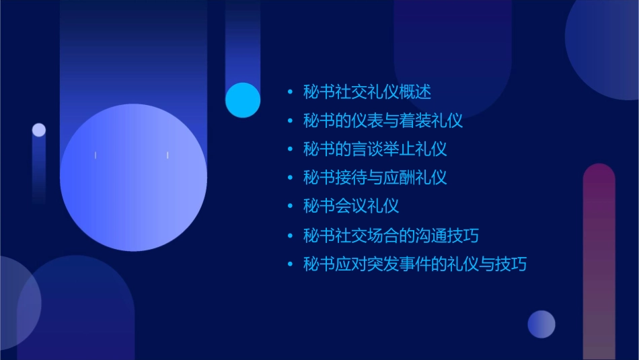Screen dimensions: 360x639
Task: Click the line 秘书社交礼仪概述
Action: (367, 92)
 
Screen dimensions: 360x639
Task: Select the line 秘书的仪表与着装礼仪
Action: (383, 121)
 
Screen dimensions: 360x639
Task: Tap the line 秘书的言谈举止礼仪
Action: (375, 149)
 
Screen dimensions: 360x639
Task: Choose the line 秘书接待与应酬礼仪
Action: (375, 178)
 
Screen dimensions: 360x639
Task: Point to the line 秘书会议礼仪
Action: (350, 206)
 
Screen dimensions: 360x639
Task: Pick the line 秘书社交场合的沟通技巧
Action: (391, 236)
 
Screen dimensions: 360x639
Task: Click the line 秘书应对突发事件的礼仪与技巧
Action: (414, 264)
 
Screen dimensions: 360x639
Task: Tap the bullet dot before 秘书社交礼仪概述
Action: (290, 92)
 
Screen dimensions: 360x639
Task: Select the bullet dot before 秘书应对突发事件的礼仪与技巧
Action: (290, 264)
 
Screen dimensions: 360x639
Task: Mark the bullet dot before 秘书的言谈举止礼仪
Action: (290, 149)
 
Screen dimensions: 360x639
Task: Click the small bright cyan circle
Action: (243, 100)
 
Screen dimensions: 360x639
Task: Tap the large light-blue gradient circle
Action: (133, 177)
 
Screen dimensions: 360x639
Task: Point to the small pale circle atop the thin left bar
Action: (39, 130)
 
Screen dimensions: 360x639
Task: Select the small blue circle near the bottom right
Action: (541, 324)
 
